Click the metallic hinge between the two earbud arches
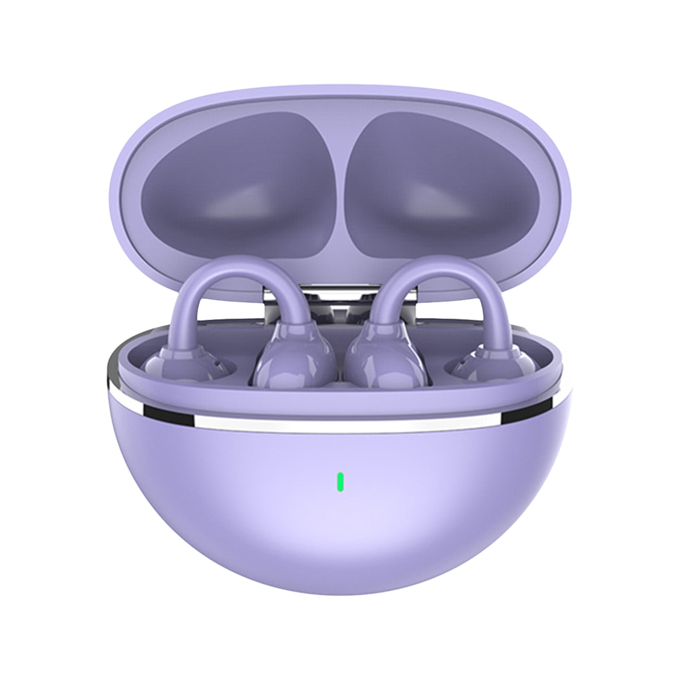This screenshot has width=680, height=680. pyautogui.click(x=340, y=306)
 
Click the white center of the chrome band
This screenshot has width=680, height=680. pyautogui.click(x=340, y=424)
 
